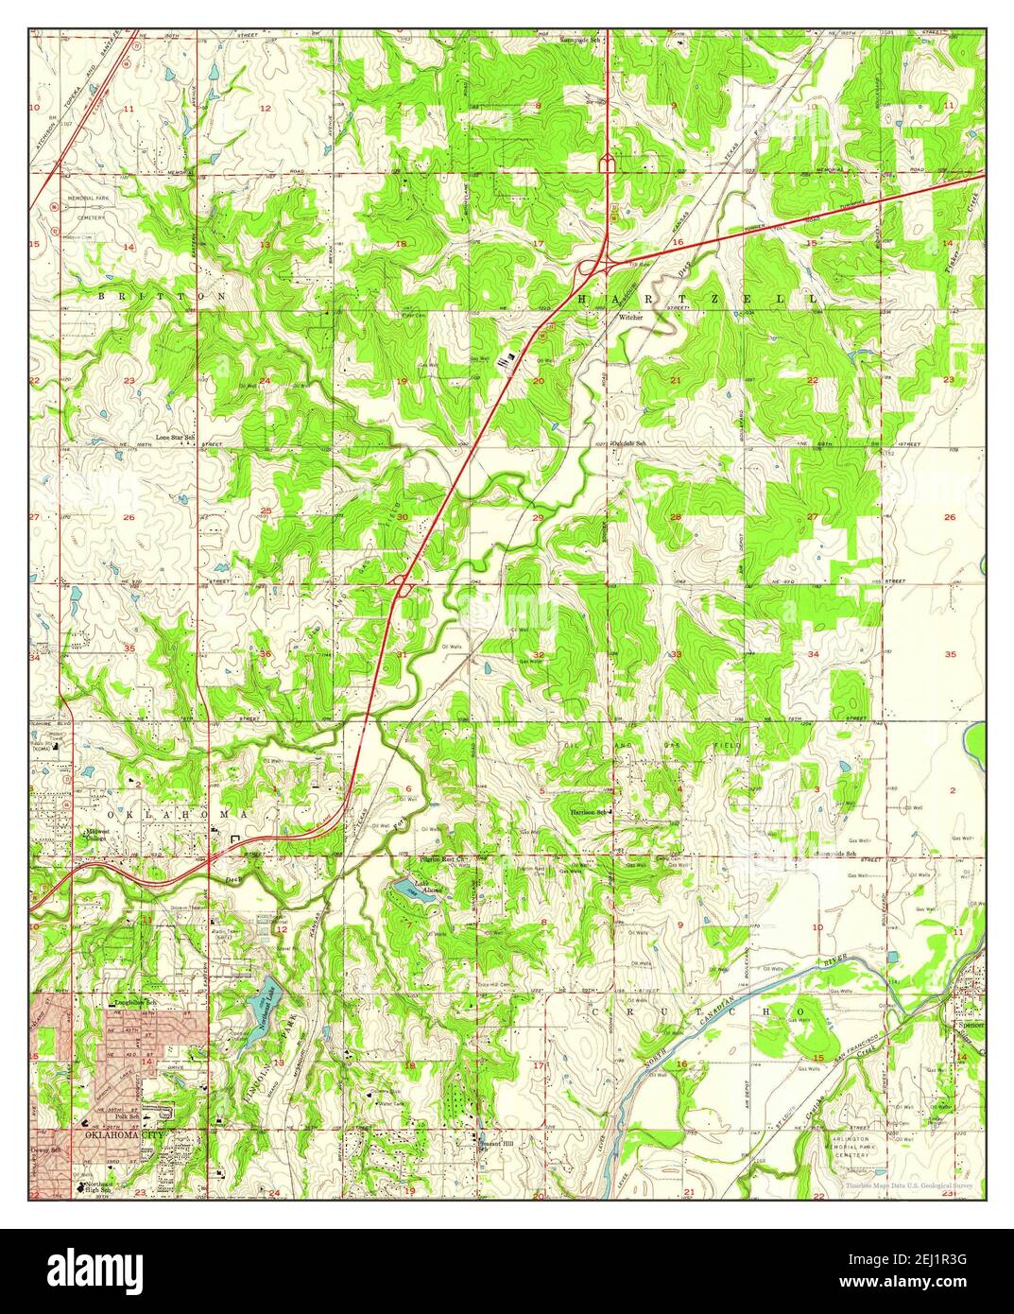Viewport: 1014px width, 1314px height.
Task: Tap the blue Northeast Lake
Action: (255, 1012)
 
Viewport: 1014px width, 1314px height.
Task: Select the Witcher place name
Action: (630, 318)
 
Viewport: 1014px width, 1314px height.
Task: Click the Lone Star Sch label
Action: (175, 438)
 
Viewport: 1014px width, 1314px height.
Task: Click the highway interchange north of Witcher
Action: (593, 268)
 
